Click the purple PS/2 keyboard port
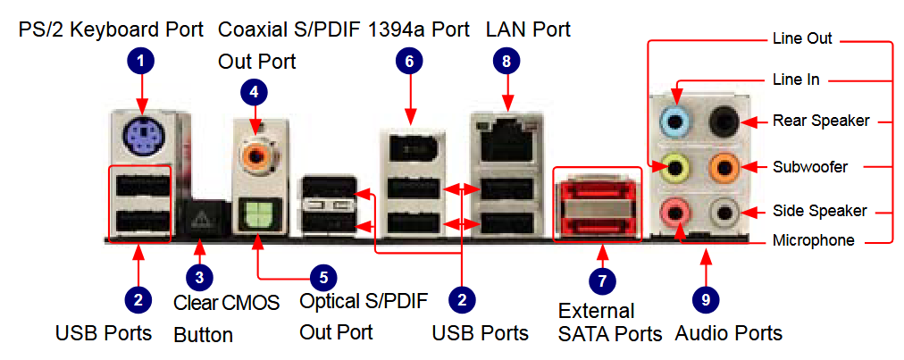click(140, 135)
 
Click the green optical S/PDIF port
click(257, 214)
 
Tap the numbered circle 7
click(602, 280)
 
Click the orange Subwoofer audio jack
click(723, 165)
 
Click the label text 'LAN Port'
click(528, 30)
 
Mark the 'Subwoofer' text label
click(808, 166)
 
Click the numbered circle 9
click(706, 299)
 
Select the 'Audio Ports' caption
click(729, 334)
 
